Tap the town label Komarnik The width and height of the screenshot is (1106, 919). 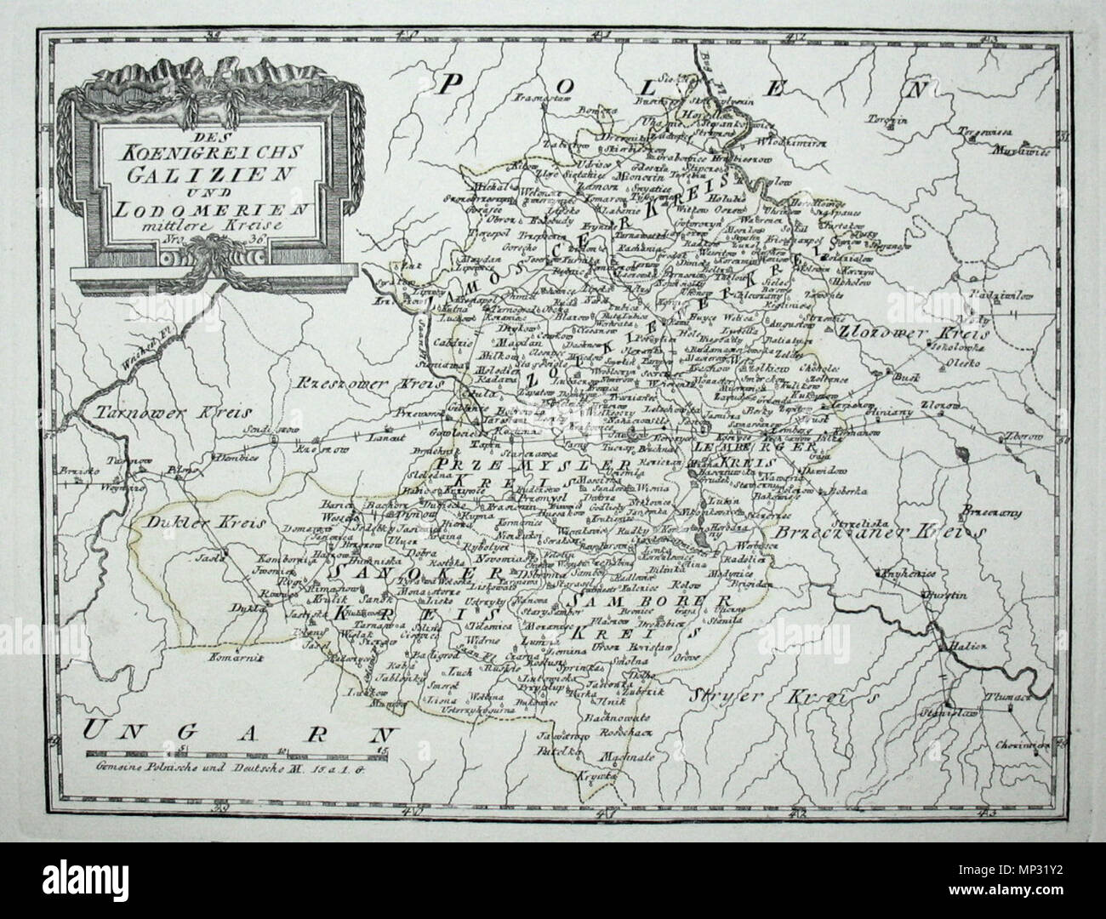pos(238,656)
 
